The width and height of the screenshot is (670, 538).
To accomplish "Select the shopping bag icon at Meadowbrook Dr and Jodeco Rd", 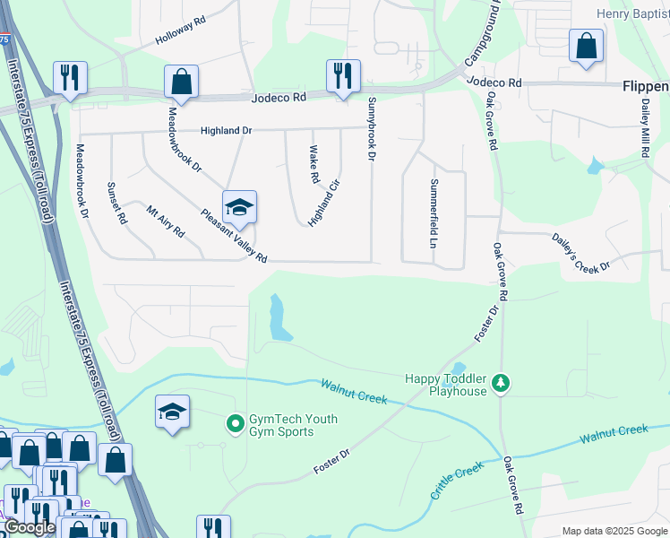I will [x=181, y=82].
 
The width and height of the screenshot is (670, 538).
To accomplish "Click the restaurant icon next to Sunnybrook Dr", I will [x=342, y=75].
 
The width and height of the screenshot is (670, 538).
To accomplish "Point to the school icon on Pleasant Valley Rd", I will [x=239, y=207].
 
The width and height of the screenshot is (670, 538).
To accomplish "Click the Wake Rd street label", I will [x=314, y=165].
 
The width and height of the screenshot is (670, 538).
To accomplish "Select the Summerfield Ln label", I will [x=433, y=213].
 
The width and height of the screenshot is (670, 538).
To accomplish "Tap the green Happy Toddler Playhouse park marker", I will [x=502, y=384].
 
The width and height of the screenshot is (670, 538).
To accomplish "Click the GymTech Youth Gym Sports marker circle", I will [x=236, y=421].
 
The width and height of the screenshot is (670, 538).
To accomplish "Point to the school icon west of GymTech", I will [x=172, y=412].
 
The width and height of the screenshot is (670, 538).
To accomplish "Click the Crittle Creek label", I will [x=457, y=482].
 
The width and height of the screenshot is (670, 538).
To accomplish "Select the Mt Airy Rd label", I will [x=166, y=221].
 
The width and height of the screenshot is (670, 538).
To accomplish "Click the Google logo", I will [x=29, y=527].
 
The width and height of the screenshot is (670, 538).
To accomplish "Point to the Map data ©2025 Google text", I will [x=614, y=531].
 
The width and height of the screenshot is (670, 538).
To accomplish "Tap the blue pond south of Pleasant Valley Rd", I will [x=279, y=318].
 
